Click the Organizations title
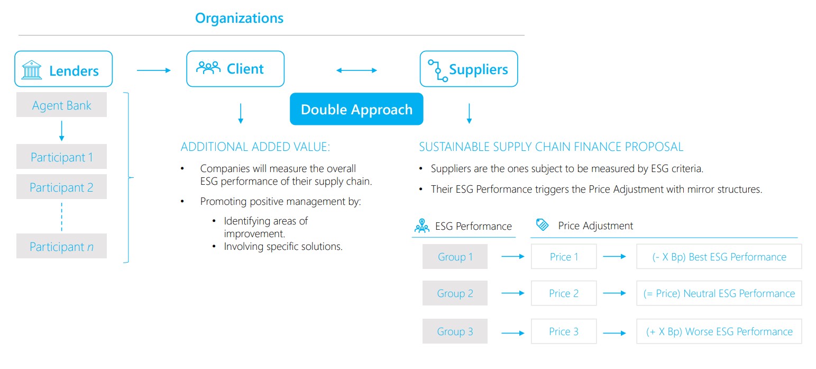click(239, 18)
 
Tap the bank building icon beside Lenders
click(31, 70)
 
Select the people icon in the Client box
click(208, 68)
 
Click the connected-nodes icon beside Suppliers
click(437, 70)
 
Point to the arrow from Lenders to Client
click(154, 70)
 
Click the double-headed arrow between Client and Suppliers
click(356, 70)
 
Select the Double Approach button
click(356, 109)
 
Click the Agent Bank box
click(61, 105)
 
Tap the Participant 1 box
click(61, 157)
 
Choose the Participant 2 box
click(61, 187)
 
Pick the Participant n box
click(61, 246)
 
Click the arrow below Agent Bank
click(61, 131)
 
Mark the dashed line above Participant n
click(61, 217)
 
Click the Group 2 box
click(455, 293)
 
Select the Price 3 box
click(564, 331)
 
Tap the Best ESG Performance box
click(719, 257)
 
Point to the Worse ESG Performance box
click(719, 331)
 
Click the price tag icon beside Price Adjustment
click(543, 224)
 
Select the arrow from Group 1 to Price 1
click(513, 257)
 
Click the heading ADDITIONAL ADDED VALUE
click(255, 147)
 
